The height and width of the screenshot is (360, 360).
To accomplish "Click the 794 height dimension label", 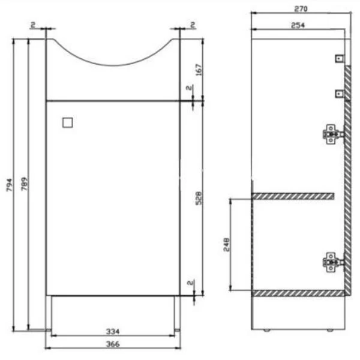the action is (x=9, y=185).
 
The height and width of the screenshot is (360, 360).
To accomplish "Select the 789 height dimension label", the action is (x=25, y=184).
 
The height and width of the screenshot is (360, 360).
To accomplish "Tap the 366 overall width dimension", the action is (x=113, y=344).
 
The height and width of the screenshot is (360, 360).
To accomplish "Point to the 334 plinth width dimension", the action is (x=113, y=331).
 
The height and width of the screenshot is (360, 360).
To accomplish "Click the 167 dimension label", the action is (x=199, y=70).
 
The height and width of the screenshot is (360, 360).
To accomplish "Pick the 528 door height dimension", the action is (x=199, y=198).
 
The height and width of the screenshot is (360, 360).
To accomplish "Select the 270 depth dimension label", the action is (x=301, y=9).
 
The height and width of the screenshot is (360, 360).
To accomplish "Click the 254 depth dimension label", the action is (x=298, y=25).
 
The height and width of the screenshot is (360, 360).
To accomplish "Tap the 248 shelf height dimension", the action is (x=226, y=245).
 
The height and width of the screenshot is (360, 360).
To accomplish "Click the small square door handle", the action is (x=68, y=122).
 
